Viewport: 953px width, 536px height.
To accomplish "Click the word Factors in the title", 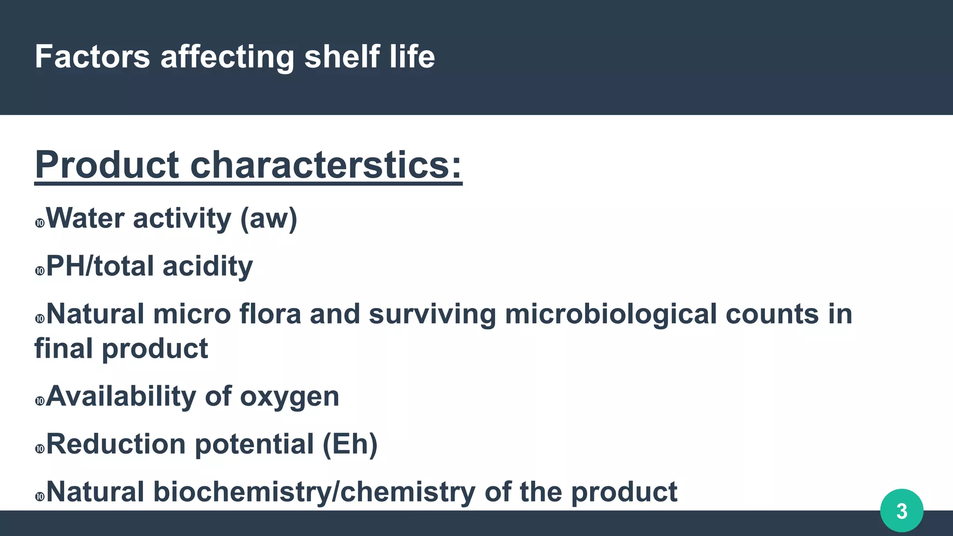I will pyautogui.click(x=92, y=57).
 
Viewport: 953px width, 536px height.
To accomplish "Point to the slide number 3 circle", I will pyautogui.click(x=901, y=511).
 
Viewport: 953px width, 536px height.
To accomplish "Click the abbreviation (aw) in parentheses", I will pyautogui.click(x=268, y=219).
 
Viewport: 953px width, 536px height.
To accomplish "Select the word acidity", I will pyautogui.click(x=208, y=267).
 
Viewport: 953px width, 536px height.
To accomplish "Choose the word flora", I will pyautogui.click(x=270, y=314).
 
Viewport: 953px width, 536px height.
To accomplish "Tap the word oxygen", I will pyautogui.click(x=289, y=397).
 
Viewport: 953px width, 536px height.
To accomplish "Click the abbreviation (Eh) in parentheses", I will pyautogui.click(x=350, y=444).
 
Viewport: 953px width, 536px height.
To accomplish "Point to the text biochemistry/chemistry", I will pyautogui.click(x=314, y=492).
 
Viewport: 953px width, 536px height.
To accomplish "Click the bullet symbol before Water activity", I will pyautogui.click(x=40, y=223).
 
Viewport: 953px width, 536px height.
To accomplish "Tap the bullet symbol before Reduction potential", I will pyautogui.click(x=40, y=449).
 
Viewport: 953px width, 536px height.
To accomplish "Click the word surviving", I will pyautogui.click(x=432, y=315).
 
